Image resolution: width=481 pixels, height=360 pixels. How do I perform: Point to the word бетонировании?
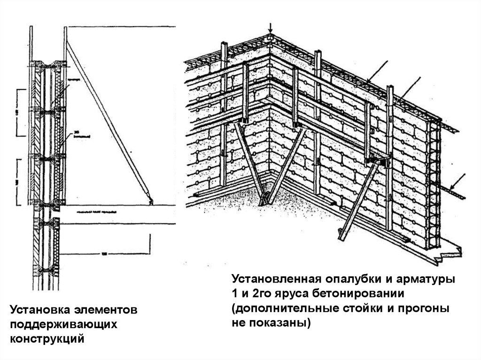coord(361,294)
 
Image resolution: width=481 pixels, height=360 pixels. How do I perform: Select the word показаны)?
coord(284,323)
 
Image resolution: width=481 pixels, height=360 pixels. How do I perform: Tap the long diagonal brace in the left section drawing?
coord(108,122)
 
